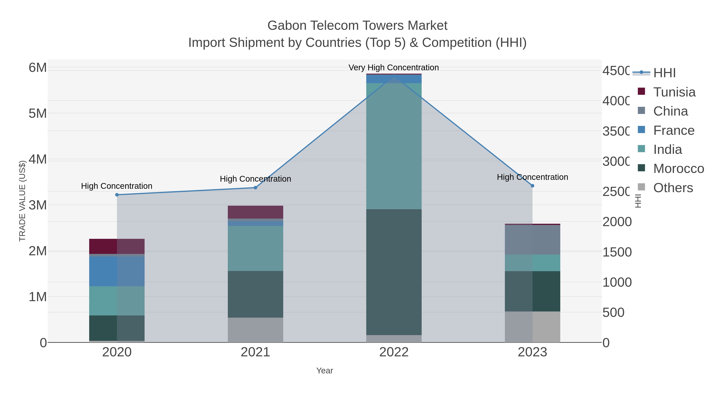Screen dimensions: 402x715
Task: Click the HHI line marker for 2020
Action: point(117,195)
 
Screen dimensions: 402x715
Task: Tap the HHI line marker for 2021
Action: point(255,188)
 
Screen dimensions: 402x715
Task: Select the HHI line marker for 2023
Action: point(532,186)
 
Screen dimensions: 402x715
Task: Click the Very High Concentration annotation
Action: point(394,67)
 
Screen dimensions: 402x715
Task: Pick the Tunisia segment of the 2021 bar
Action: point(255,212)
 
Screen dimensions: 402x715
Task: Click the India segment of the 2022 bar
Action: point(394,146)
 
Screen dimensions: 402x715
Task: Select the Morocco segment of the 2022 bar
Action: point(394,272)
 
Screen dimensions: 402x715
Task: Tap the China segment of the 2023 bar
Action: point(532,240)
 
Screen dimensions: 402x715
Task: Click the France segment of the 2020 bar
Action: point(117,271)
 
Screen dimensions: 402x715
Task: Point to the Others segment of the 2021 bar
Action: point(255,330)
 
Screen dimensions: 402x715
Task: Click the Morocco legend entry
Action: point(678,169)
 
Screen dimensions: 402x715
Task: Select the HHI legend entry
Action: point(664,73)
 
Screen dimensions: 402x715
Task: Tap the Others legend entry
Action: point(673,188)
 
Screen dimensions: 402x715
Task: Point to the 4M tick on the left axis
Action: point(38,160)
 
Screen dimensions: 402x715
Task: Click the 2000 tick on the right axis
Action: point(617,222)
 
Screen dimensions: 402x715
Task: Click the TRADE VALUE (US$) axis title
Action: point(22,201)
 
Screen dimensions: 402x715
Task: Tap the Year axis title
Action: point(325,371)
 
